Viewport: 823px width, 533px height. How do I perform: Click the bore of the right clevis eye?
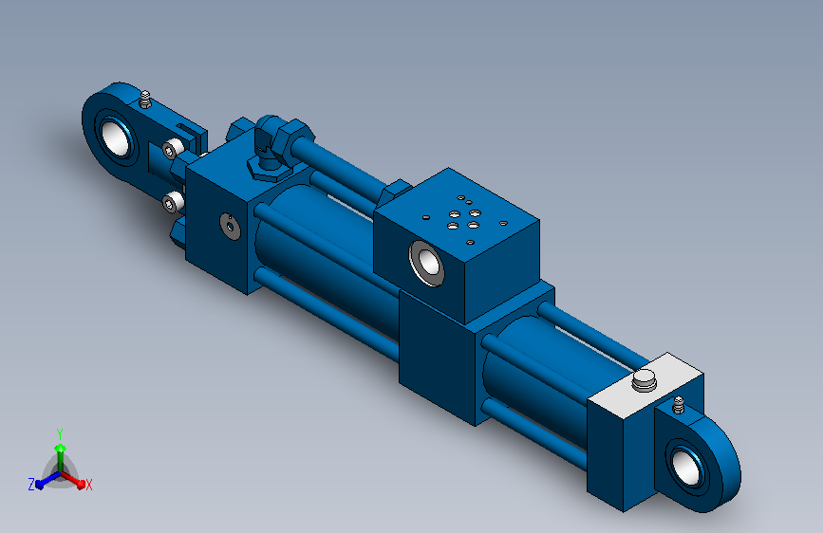(x=686, y=467)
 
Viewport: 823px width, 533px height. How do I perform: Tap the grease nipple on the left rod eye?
(x=145, y=100)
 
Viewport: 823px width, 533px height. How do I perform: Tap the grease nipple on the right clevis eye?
(x=678, y=404)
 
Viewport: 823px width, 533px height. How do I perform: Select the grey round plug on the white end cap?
(x=644, y=380)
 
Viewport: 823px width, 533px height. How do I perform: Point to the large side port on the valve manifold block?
(x=427, y=263)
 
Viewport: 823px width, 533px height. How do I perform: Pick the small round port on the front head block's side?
(x=230, y=227)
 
